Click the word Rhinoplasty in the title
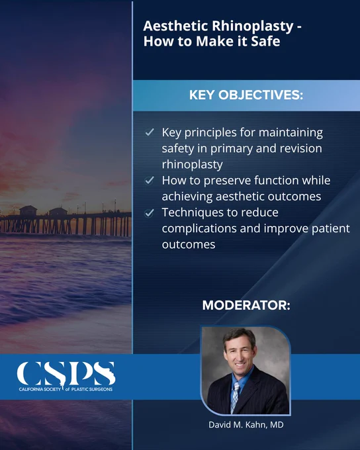pos(253,26)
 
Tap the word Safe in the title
pos(265,41)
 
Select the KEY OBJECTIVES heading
pos(246,95)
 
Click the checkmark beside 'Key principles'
pos(150,132)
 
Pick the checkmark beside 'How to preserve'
pos(150,181)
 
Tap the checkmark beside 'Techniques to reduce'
pos(150,213)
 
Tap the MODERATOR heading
pos(246,305)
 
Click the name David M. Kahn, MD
pos(246,425)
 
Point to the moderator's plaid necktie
pos(235,398)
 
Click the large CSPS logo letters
pos(66,373)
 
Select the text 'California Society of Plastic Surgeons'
pos(66,389)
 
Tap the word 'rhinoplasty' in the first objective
pos(192,165)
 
